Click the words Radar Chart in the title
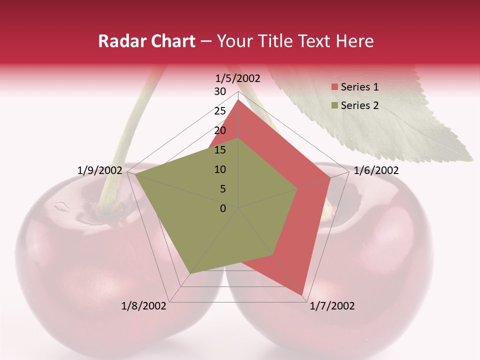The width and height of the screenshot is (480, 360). click(x=146, y=41)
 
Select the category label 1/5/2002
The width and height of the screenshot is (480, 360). click(x=238, y=78)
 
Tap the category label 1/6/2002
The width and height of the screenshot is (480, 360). click(x=376, y=170)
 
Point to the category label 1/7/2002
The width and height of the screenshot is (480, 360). click(x=332, y=306)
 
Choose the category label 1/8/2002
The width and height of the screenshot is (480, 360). click(x=144, y=306)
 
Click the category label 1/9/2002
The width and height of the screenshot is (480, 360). click(x=100, y=170)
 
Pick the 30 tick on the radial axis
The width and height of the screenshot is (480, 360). click(x=220, y=91)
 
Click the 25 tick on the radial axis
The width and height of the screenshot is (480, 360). click(x=220, y=111)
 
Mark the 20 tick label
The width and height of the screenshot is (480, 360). click(x=220, y=130)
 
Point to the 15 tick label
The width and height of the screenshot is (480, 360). click(x=220, y=150)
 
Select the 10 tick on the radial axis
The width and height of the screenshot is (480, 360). click(x=220, y=169)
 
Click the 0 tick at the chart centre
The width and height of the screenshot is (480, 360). click(x=223, y=208)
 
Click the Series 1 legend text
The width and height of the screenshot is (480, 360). click(x=359, y=87)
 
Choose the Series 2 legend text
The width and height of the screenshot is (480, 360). click(x=359, y=105)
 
